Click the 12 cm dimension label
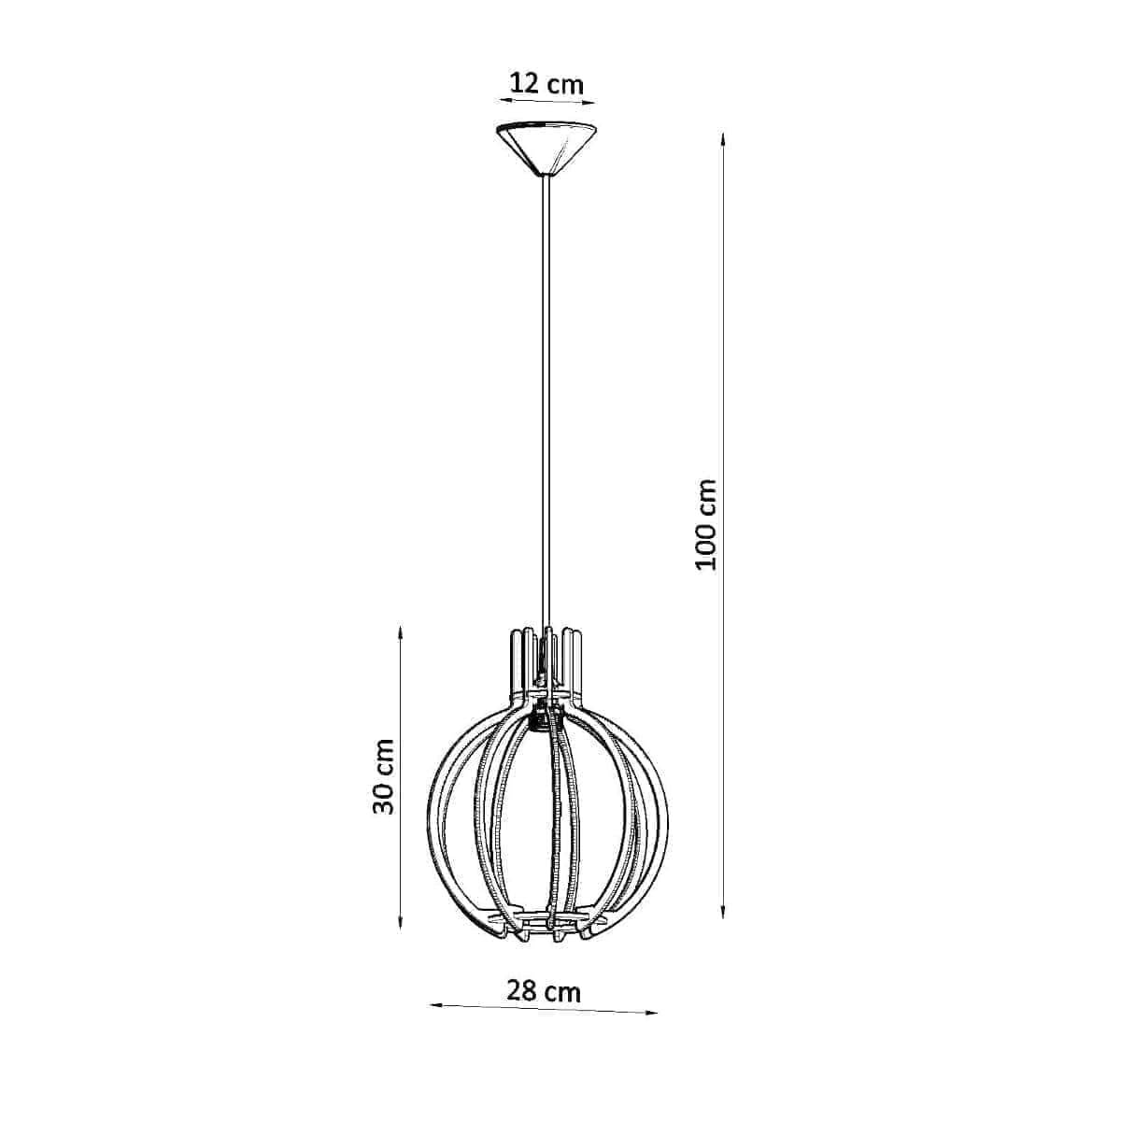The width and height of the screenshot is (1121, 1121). pyautogui.click(x=546, y=84)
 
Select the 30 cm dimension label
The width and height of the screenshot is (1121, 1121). pyautogui.click(x=382, y=776)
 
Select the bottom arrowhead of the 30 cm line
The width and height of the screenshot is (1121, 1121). pyautogui.click(x=400, y=936)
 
